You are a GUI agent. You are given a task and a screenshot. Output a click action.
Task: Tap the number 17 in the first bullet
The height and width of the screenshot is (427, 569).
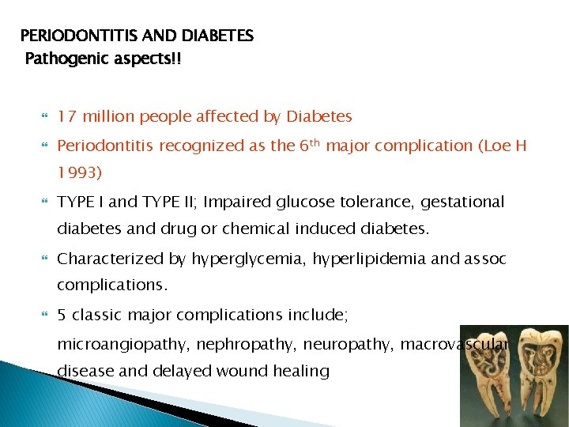(x=66, y=117)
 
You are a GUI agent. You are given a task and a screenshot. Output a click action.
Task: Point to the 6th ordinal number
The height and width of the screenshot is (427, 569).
(x=309, y=145)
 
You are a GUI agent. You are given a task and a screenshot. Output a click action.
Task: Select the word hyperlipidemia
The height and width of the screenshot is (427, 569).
(x=360, y=259)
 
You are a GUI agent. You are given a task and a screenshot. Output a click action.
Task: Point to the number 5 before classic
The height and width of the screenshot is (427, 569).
(x=62, y=316)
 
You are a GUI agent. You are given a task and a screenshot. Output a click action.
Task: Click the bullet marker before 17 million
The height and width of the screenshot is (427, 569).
(x=45, y=117)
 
